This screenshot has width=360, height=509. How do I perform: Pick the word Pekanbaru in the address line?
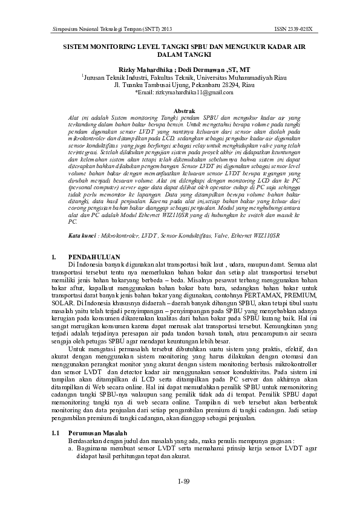tap(198, 85)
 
